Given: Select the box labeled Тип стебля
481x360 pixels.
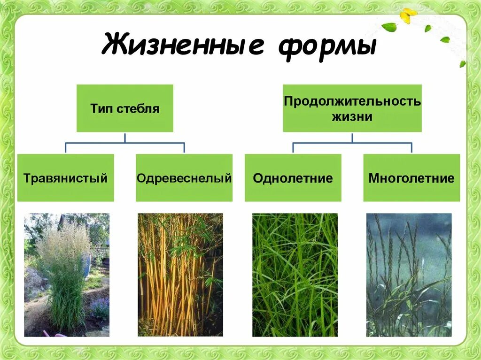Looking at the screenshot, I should tap(124, 108).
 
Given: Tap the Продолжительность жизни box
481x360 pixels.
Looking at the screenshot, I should tap(352, 108).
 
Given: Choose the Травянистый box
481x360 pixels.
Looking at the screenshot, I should tap(66, 178).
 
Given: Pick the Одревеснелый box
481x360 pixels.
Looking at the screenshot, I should tap(184, 178).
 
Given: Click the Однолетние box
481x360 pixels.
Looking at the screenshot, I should tap(293, 178).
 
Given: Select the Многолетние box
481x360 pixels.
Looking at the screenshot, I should tap(411, 178).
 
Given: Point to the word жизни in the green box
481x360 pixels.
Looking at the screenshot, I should tap(352, 116).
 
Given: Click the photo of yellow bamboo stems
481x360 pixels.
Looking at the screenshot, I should tap(180, 275).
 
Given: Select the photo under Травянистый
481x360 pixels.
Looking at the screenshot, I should tap(67, 275).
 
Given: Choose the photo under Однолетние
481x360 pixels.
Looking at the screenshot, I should tap(295, 275).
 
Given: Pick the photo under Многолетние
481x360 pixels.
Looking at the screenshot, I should tap(409, 275).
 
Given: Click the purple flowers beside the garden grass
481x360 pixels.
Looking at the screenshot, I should tap(100, 307).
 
